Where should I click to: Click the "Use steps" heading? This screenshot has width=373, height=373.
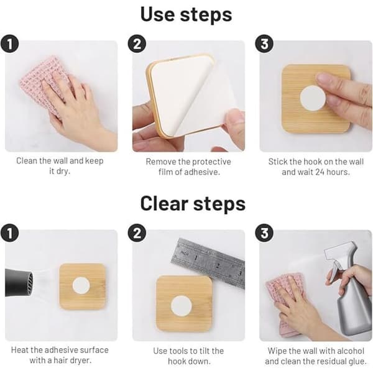(x=186, y=15)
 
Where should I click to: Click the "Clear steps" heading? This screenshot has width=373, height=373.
(x=193, y=204)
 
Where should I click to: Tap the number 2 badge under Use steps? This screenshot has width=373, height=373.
(x=137, y=44)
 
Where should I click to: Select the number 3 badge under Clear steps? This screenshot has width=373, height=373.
(x=264, y=233)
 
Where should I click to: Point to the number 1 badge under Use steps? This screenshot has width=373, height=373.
(x=9, y=44)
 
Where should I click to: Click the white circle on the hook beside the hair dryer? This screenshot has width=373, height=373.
(x=81, y=285)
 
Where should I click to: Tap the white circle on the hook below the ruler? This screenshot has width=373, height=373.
(x=182, y=306)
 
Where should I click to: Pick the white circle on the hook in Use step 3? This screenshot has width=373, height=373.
(x=313, y=98)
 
